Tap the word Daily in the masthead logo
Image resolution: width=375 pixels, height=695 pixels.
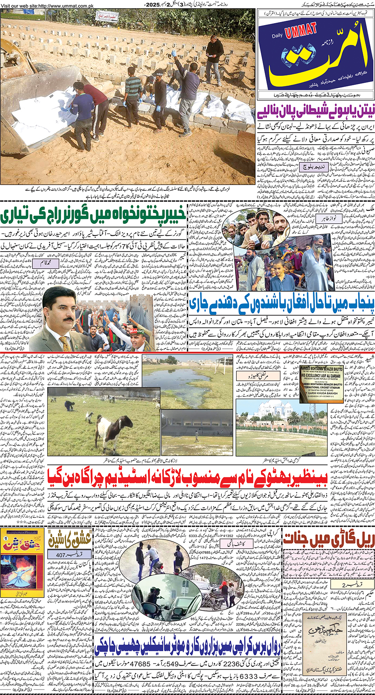[277, 36]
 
